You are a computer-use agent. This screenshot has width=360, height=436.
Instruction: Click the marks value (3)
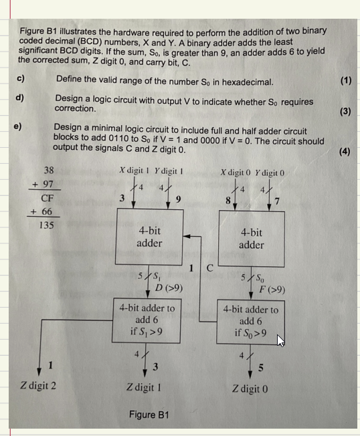345,111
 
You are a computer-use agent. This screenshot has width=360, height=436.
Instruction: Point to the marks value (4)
345,151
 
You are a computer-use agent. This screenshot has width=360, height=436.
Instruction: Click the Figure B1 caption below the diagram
149,415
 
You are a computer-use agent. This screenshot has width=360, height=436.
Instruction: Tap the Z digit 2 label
38,386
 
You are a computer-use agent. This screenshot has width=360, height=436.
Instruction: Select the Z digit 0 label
250,388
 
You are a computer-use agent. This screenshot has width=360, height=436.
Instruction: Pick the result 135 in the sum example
46,225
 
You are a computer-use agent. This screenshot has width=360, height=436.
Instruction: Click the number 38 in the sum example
49,170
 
